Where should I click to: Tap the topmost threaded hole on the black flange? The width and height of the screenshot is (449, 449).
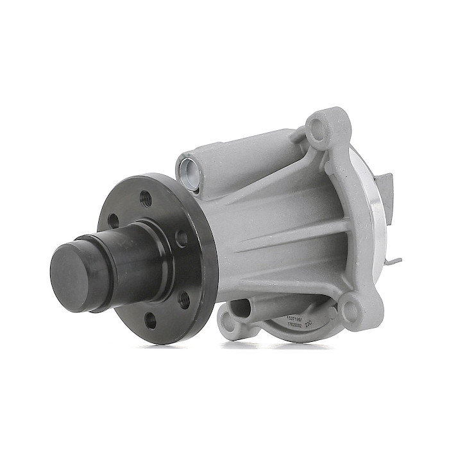point(146,198)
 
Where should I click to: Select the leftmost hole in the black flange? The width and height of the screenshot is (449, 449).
point(113,221)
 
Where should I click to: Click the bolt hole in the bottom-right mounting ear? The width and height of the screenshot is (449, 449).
point(351,310)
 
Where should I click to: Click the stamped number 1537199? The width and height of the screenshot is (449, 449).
point(296,318)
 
